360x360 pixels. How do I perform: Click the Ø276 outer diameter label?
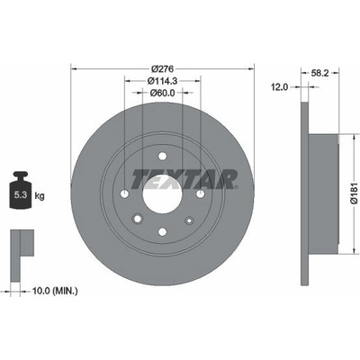(162, 69)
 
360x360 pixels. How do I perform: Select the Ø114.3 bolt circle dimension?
(162, 81)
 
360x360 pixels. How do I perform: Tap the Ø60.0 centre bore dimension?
(162, 93)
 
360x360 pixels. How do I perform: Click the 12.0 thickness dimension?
(279, 87)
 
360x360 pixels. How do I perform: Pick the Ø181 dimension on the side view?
(355, 194)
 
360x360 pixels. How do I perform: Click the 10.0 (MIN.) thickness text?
(55, 291)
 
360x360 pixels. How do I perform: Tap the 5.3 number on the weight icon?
(21, 195)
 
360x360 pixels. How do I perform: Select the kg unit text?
(40, 196)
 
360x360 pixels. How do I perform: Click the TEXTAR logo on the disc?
(184, 180)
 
